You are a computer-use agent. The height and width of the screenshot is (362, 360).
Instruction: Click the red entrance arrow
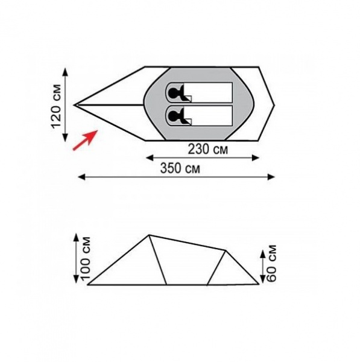(x=85, y=140)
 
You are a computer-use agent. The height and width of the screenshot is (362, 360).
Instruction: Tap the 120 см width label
(x=56, y=106)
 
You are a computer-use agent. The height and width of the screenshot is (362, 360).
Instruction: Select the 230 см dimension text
(x=207, y=149)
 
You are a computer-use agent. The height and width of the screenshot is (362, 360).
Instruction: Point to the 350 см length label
(x=180, y=168)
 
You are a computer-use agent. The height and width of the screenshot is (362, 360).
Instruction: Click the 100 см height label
(x=85, y=258)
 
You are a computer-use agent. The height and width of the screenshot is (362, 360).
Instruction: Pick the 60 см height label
(x=271, y=263)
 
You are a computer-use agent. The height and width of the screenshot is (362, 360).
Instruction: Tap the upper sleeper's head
(x=173, y=93)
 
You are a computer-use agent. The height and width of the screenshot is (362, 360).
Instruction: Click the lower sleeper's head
(x=173, y=116)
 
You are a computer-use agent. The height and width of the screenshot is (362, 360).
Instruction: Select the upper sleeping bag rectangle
(x=199, y=92)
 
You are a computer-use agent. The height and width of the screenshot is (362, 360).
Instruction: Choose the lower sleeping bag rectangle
(x=199, y=116)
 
